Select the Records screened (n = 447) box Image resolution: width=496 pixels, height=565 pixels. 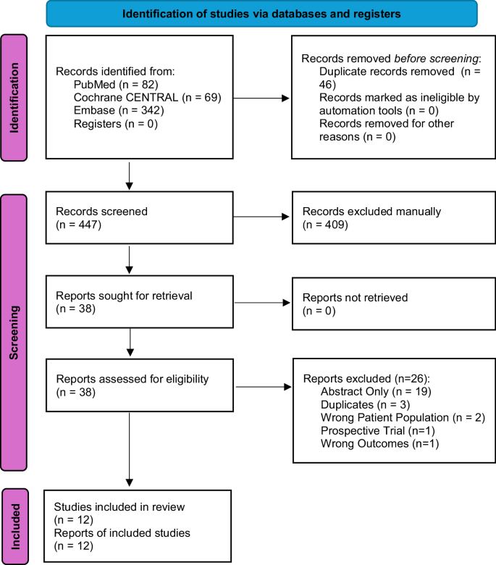pos(138,218)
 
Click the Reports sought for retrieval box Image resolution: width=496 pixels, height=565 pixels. pos(138,303)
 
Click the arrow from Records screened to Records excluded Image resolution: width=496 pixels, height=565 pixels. pos(261,217)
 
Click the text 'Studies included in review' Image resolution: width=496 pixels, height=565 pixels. pos(114,507)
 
